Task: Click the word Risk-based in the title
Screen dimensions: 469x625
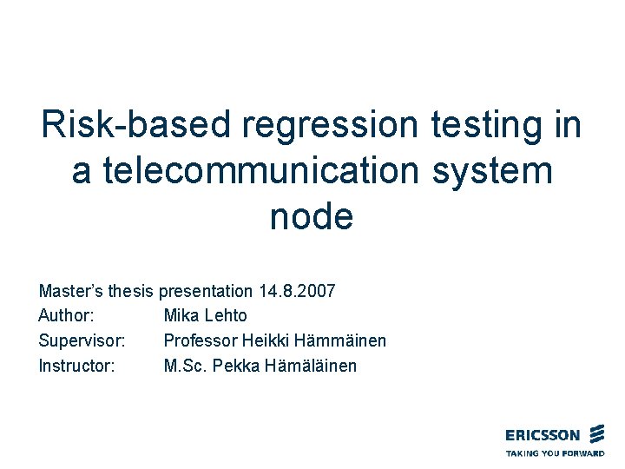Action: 135,125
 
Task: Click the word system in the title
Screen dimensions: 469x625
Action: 497,170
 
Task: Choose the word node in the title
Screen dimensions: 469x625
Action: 312,215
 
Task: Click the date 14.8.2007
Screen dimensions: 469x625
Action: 297,291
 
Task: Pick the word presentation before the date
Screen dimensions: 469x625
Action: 207,291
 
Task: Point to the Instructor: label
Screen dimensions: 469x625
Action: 76,367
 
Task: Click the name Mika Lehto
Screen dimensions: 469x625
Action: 205,316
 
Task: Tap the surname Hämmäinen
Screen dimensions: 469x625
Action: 339,341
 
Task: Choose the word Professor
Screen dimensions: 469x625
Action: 200,341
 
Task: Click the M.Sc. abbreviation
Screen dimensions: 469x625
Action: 184,367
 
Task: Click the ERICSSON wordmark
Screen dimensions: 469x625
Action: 543,435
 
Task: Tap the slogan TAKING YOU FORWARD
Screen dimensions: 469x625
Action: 555,453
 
